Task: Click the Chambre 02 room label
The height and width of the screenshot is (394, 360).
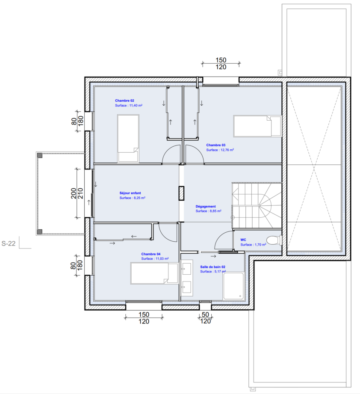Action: tap(124, 101)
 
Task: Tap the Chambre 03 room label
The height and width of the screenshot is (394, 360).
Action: tap(215, 145)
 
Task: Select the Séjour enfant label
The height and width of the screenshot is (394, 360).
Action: tap(130, 193)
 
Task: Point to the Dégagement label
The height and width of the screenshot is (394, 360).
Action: tap(206, 206)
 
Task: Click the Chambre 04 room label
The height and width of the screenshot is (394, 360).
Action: tap(150, 254)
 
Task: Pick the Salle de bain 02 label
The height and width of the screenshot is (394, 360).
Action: tap(212, 267)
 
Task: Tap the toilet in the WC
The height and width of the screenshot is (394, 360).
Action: tap(274, 240)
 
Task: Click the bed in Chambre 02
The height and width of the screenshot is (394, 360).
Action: tap(128, 139)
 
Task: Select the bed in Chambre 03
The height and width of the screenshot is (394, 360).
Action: tap(257, 126)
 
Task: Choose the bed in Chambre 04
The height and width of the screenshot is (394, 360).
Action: tap(154, 273)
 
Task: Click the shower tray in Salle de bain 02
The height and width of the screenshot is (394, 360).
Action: tap(233, 286)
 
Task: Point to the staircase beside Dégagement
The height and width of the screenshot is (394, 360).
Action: tap(257, 205)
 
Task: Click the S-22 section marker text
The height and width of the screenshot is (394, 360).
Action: tap(9, 243)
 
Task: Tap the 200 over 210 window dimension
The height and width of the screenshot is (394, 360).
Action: tap(77, 193)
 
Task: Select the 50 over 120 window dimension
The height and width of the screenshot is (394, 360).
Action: tap(205, 318)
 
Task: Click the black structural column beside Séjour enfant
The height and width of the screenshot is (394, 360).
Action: tap(181, 193)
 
